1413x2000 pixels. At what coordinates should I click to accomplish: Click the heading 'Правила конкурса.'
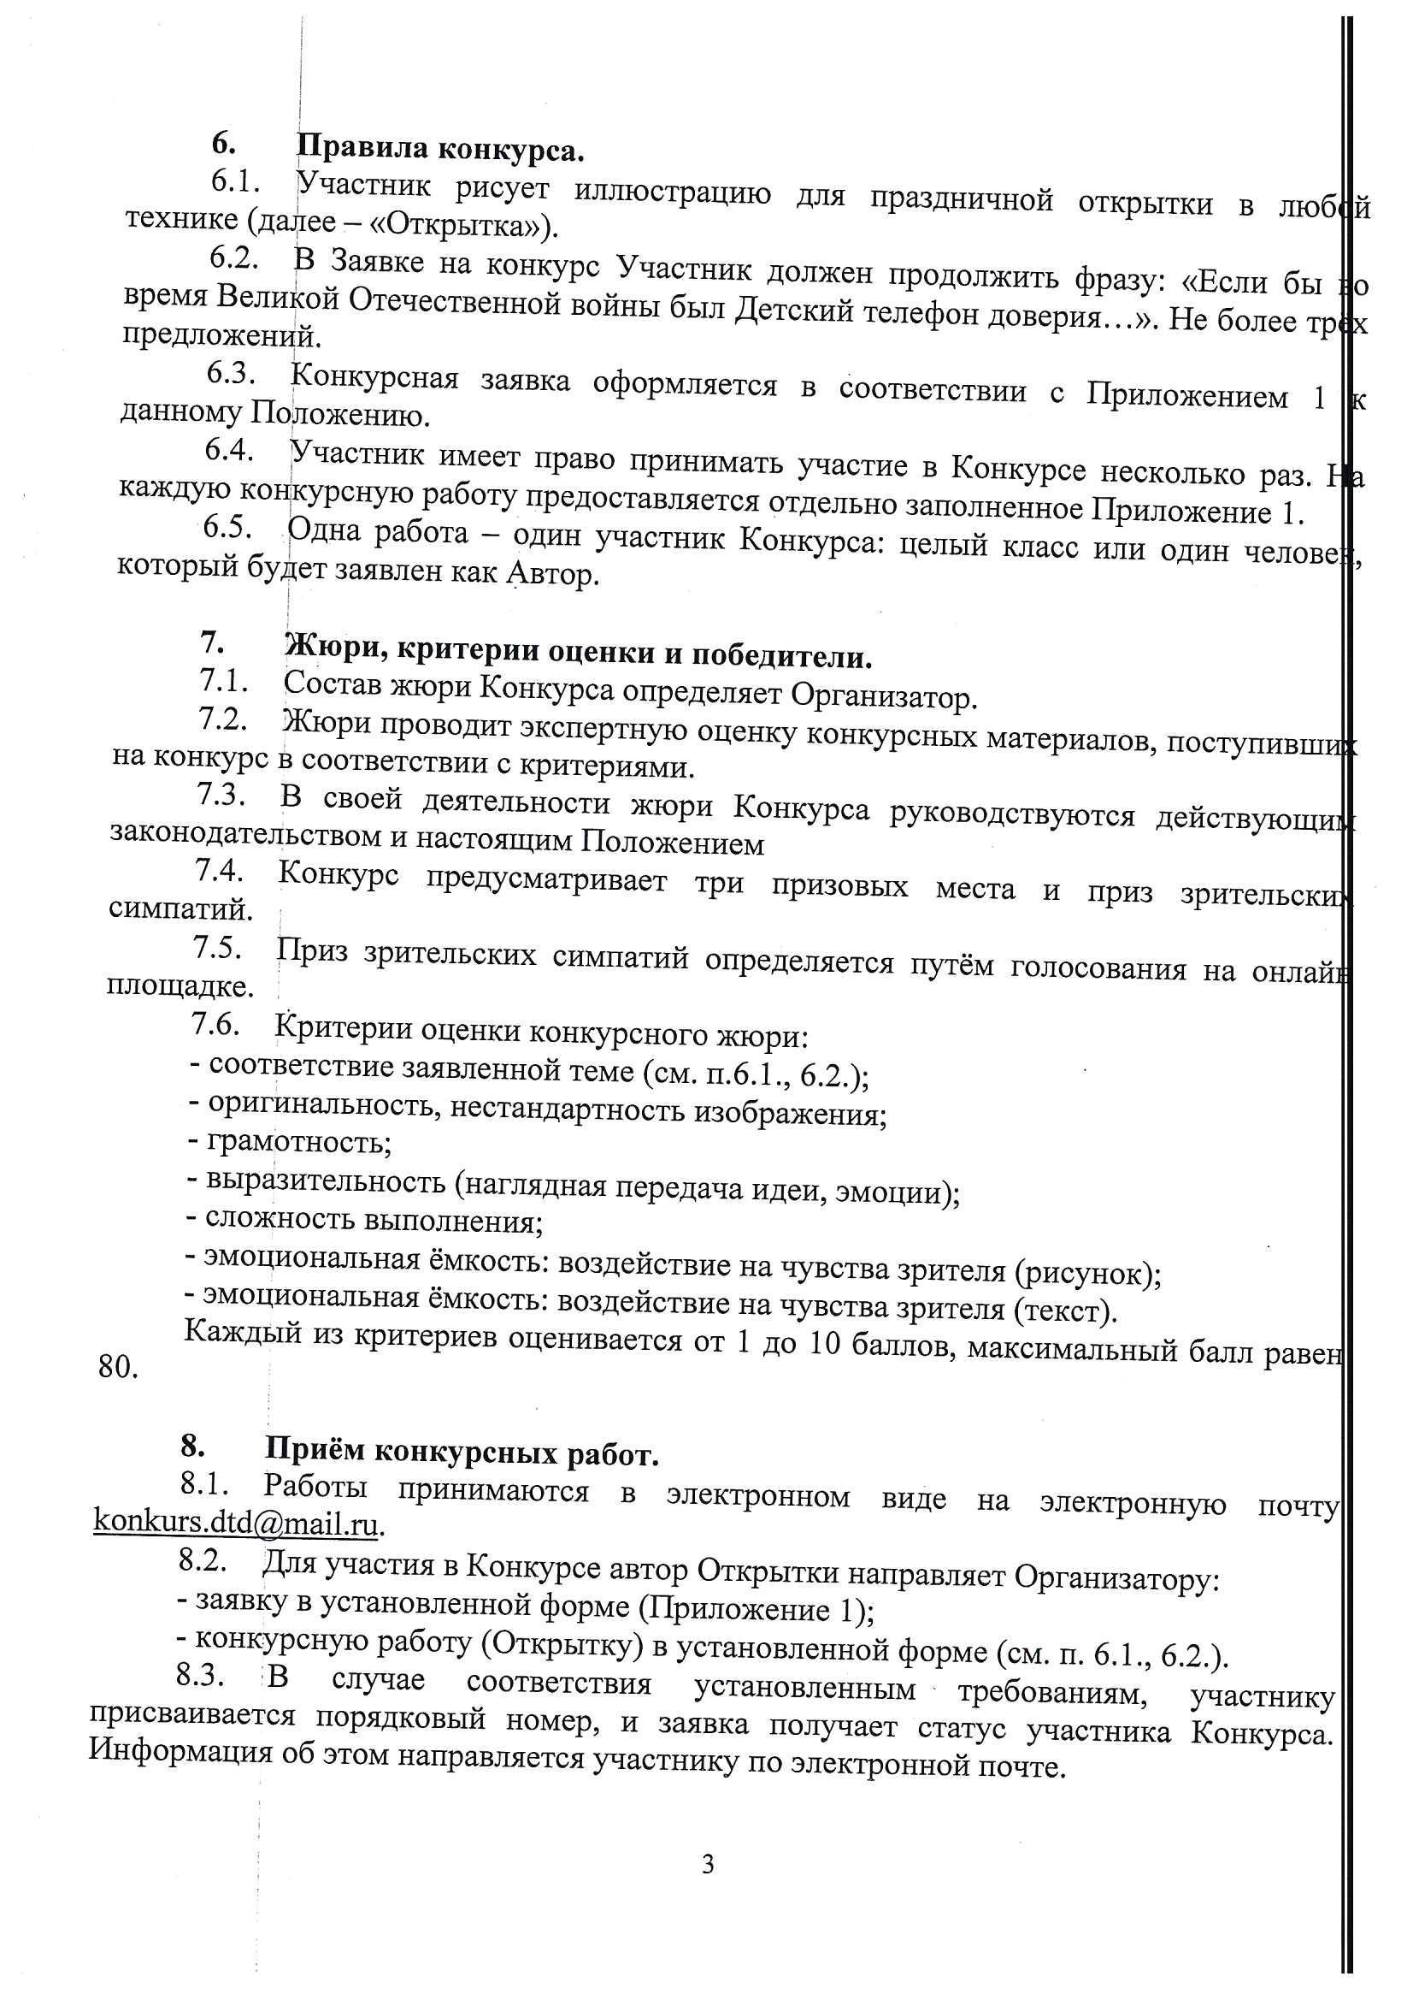439,149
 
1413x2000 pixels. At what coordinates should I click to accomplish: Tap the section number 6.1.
235,182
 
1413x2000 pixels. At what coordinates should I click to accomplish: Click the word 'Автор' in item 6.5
551,576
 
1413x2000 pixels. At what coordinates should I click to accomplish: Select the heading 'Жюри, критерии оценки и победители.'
578,652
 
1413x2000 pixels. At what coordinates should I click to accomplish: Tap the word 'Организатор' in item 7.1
884,696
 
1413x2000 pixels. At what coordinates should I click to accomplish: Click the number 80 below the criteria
119,1367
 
